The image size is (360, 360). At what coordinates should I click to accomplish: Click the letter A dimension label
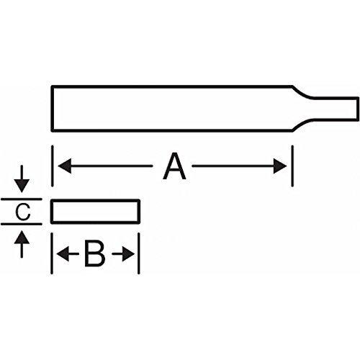coord(174,168)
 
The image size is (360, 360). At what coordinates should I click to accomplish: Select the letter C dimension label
coord(22,212)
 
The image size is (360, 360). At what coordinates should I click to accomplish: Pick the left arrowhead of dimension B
coord(62,254)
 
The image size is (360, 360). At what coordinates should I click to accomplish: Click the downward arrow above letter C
coord(22,185)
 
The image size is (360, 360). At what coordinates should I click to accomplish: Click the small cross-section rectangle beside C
coord(94,212)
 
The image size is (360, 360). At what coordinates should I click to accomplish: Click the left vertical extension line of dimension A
coord(53,166)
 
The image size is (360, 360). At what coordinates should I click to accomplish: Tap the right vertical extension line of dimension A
coord(292,166)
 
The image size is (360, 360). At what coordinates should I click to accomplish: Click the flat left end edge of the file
coord(52,108)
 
